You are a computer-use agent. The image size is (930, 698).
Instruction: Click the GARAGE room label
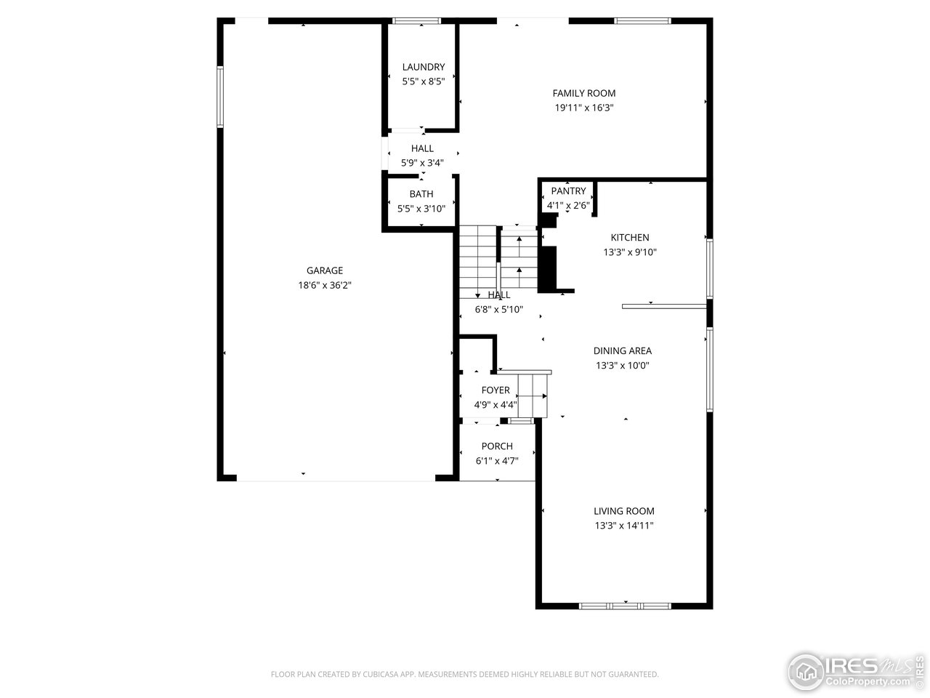tap(325, 270)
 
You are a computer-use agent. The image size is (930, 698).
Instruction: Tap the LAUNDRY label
tap(424, 67)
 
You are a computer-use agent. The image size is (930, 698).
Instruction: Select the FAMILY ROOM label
tap(584, 93)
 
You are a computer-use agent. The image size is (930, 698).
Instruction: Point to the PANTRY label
tap(568, 191)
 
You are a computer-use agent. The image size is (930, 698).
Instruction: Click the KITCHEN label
tap(630, 238)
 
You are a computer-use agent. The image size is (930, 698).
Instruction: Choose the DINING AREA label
tap(623, 351)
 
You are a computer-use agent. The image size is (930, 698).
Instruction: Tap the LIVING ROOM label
tap(623, 511)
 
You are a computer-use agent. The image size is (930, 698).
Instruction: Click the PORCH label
tap(497, 446)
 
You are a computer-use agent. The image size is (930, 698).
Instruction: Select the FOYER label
tap(496, 390)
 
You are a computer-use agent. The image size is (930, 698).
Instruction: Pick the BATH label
tap(421, 194)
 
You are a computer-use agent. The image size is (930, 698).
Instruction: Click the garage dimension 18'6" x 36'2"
tap(325, 285)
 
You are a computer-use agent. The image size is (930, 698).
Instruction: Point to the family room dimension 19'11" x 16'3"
tap(584, 108)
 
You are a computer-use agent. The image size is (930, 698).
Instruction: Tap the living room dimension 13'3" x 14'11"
tap(623, 526)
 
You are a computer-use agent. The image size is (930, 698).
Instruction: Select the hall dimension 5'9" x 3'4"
tap(422, 163)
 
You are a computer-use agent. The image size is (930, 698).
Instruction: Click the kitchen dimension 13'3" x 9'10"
tap(630, 252)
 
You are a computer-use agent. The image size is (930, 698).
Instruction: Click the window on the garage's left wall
tap(220, 97)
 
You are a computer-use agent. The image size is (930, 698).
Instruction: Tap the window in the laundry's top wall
tap(416, 21)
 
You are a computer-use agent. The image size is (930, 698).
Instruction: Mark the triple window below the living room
tap(625, 606)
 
